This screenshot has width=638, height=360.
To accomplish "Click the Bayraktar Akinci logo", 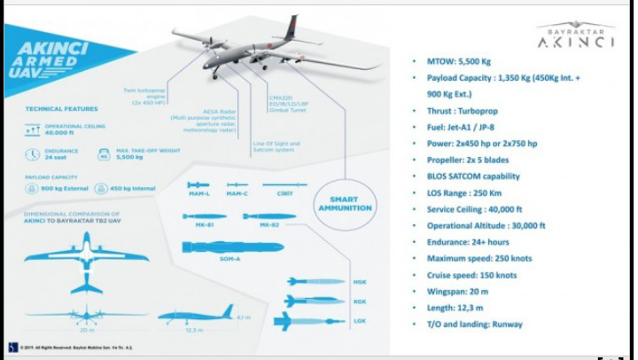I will (x=576, y=35).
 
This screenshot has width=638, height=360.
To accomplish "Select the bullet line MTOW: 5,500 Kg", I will (x=458, y=61).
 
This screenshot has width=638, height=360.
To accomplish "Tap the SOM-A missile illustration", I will (x=219, y=247).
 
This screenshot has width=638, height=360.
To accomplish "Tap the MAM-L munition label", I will (x=198, y=193).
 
